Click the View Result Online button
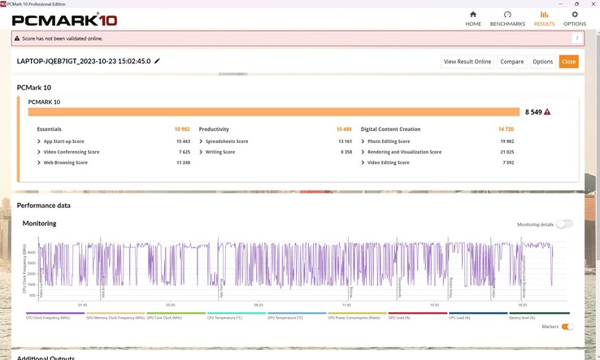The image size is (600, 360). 467,62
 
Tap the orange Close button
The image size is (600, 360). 568,62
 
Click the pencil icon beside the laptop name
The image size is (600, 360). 158,61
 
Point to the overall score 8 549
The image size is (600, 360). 533,112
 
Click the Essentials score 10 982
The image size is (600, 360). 181,129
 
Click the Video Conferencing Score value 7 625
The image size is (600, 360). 184,152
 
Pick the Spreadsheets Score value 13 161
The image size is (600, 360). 346,141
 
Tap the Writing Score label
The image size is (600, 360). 220,152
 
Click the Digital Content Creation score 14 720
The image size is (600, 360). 506,129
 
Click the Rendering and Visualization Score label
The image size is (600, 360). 404,152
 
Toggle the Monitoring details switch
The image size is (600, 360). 564,224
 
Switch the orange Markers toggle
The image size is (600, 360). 566,327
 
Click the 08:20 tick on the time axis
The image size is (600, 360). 259,306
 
